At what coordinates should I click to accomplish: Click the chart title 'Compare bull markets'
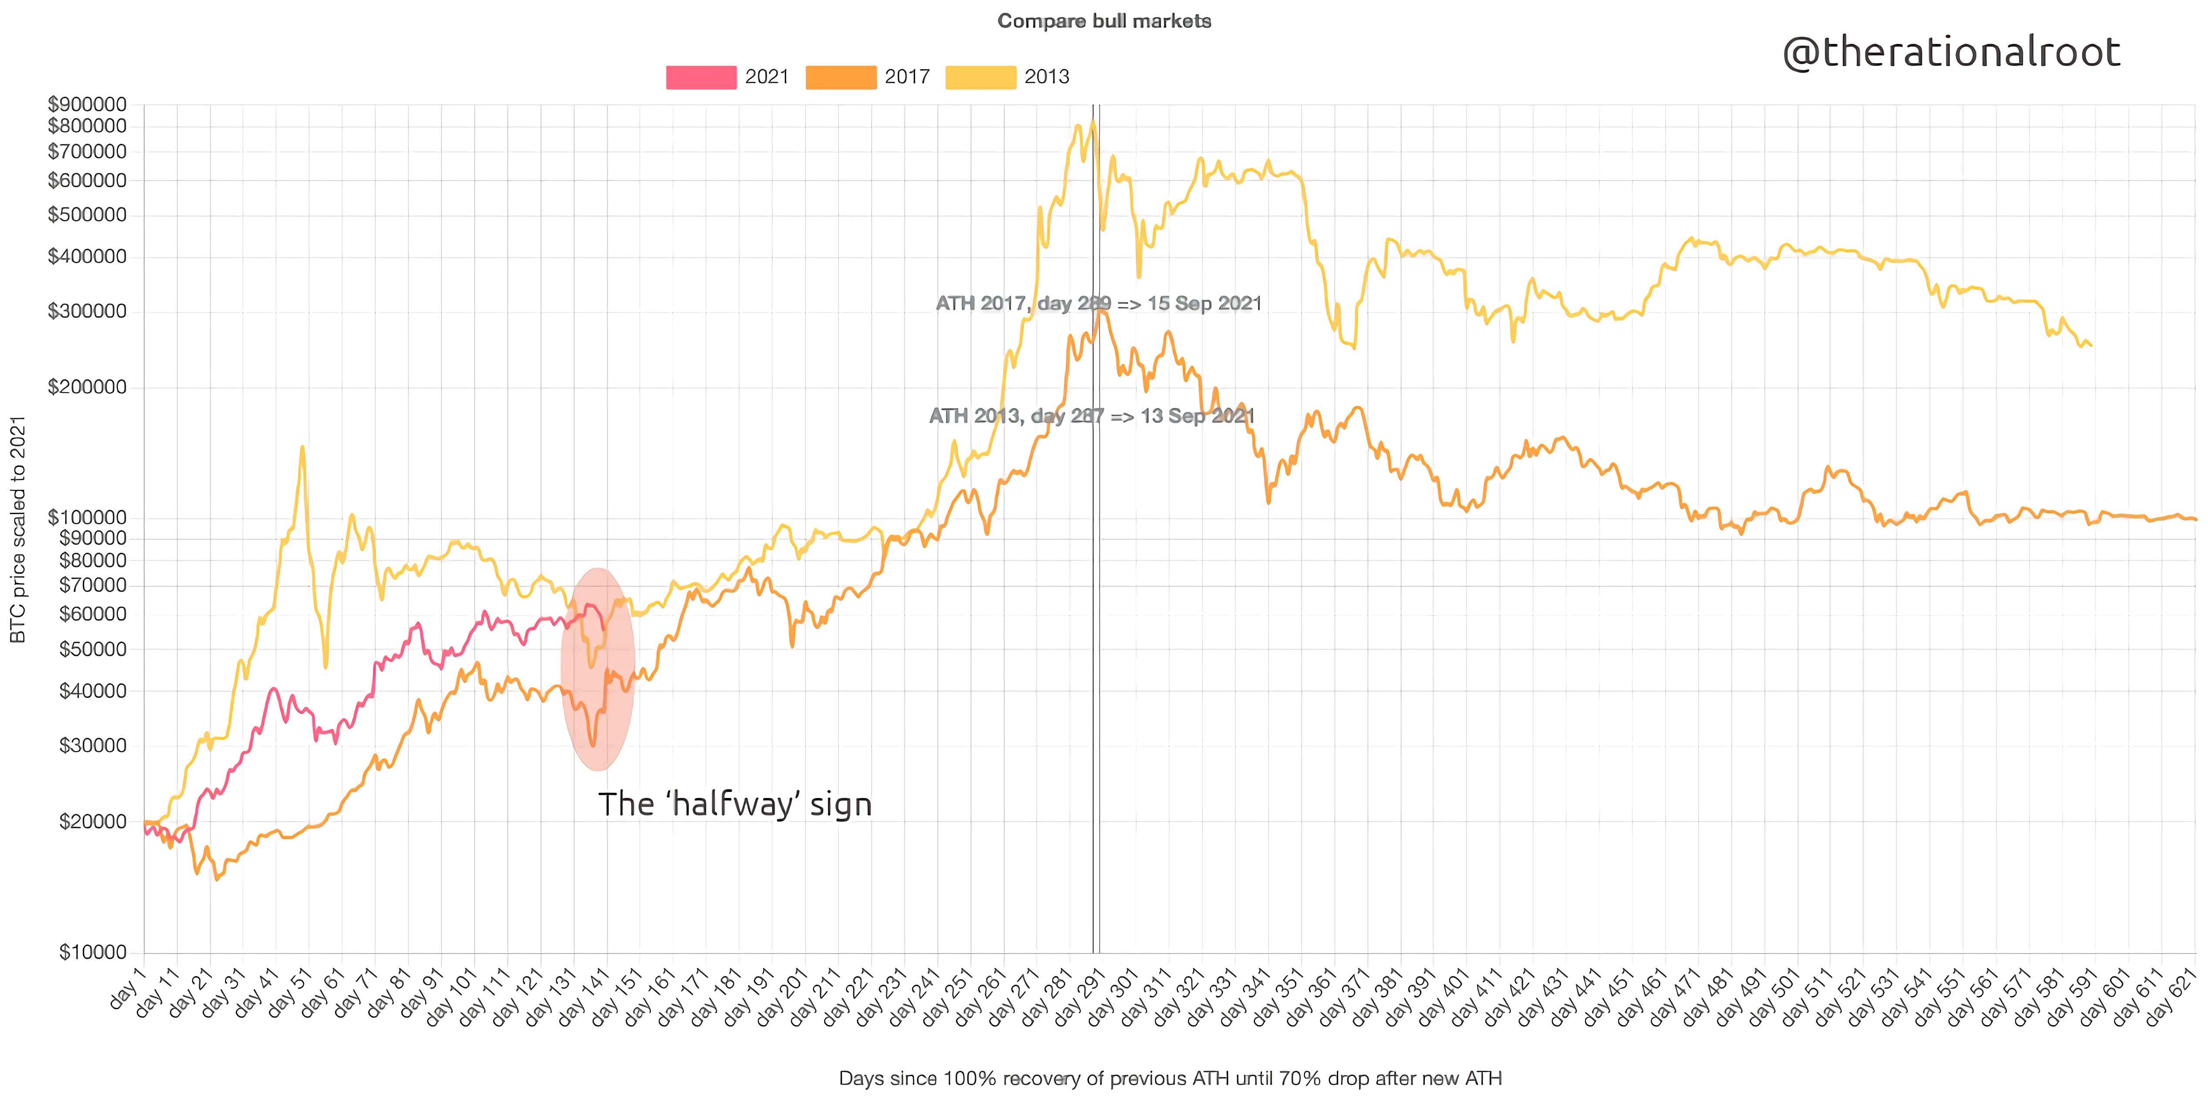tap(1104, 21)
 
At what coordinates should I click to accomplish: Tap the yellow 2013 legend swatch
tap(980, 77)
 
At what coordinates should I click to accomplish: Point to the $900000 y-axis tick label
tap(88, 104)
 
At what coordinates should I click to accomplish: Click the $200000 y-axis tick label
tap(88, 387)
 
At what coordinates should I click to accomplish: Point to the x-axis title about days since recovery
tap(1170, 1078)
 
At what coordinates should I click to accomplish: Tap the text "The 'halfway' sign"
tap(734, 804)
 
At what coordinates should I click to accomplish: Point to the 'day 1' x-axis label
tap(128, 987)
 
